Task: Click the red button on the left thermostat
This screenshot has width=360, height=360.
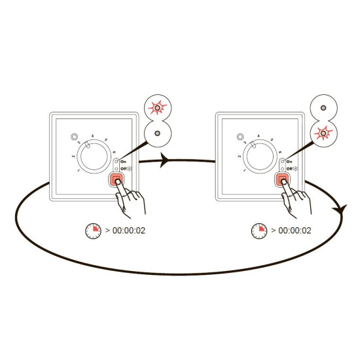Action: pyautogui.click(x=116, y=179)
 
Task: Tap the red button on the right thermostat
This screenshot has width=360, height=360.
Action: pyautogui.click(x=282, y=179)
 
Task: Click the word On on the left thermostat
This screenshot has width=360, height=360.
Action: pyautogui.click(x=123, y=162)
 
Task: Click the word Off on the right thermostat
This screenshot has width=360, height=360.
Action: pyautogui.click(x=289, y=169)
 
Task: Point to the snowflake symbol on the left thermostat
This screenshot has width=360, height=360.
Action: pyautogui.click(x=130, y=169)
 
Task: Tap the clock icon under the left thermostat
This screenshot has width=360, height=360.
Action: pyautogui.click(x=93, y=231)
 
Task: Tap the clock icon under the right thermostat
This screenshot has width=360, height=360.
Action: pyautogui.click(x=259, y=231)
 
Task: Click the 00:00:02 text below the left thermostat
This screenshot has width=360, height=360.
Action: pyautogui.click(x=129, y=231)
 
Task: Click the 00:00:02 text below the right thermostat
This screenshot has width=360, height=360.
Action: pyautogui.click(x=295, y=231)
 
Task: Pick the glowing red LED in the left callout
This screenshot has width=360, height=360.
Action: pyautogui.click(x=158, y=108)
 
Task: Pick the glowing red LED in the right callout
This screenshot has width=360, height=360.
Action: pyautogui.click(x=323, y=133)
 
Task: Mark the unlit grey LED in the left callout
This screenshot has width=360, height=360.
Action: pyautogui.click(x=158, y=134)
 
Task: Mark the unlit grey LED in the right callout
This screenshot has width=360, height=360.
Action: pyautogui.click(x=323, y=108)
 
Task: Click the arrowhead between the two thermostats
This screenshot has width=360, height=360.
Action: pyautogui.click(x=164, y=160)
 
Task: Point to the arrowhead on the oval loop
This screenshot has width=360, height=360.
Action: pyautogui.click(x=339, y=209)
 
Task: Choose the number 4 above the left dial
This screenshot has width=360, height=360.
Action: pyautogui.click(x=92, y=136)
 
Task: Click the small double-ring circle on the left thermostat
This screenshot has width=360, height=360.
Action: pyautogui.click(x=74, y=137)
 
